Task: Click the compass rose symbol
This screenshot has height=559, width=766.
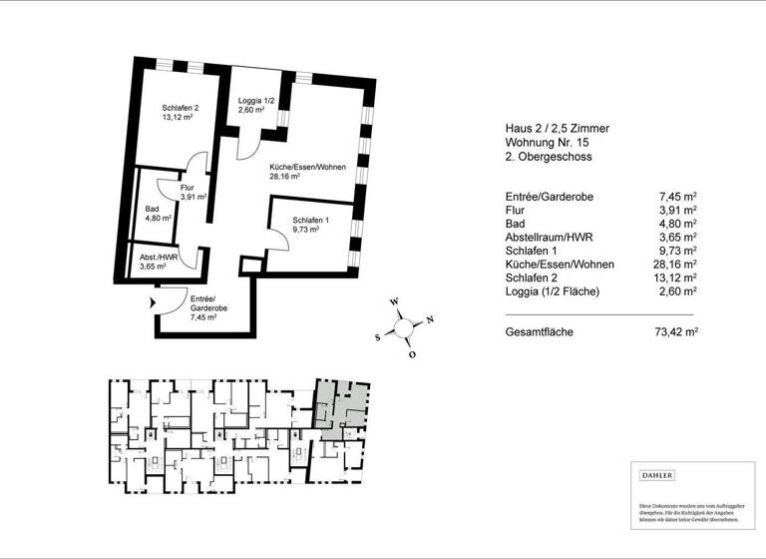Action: click(404, 325)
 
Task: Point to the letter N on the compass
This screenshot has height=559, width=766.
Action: click(430, 319)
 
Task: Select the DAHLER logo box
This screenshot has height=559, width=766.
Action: click(657, 475)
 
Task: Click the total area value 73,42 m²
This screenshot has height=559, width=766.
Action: click(675, 330)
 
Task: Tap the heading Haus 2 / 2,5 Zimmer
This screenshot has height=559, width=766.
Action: click(558, 128)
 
